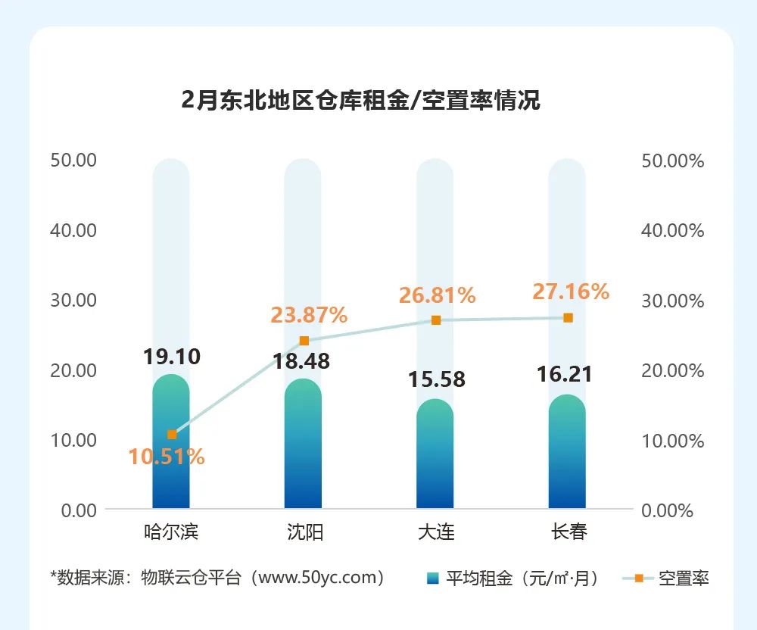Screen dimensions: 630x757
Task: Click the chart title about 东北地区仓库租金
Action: [360, 100]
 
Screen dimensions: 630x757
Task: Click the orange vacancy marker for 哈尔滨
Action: [172, 435]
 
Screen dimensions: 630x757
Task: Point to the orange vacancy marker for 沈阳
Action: [304, 341]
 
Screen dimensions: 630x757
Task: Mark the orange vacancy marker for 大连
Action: [436, 320]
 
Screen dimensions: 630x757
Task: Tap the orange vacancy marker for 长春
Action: [568, 318]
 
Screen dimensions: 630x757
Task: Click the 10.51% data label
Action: [167, 457]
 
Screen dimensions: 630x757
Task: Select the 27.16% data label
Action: [571, 292]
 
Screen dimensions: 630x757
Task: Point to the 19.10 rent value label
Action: [172, 357]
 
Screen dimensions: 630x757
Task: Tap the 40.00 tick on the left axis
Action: [73, 230]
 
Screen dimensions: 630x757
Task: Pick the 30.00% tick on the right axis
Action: [672, 301]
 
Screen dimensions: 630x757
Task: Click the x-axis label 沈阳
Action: [304, 532]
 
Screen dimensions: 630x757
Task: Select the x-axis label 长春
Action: [569, 532]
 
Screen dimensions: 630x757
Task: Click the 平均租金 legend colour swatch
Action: [432, 579]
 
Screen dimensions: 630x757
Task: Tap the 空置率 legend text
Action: [684, 579]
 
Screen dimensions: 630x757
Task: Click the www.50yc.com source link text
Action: [317, 578]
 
